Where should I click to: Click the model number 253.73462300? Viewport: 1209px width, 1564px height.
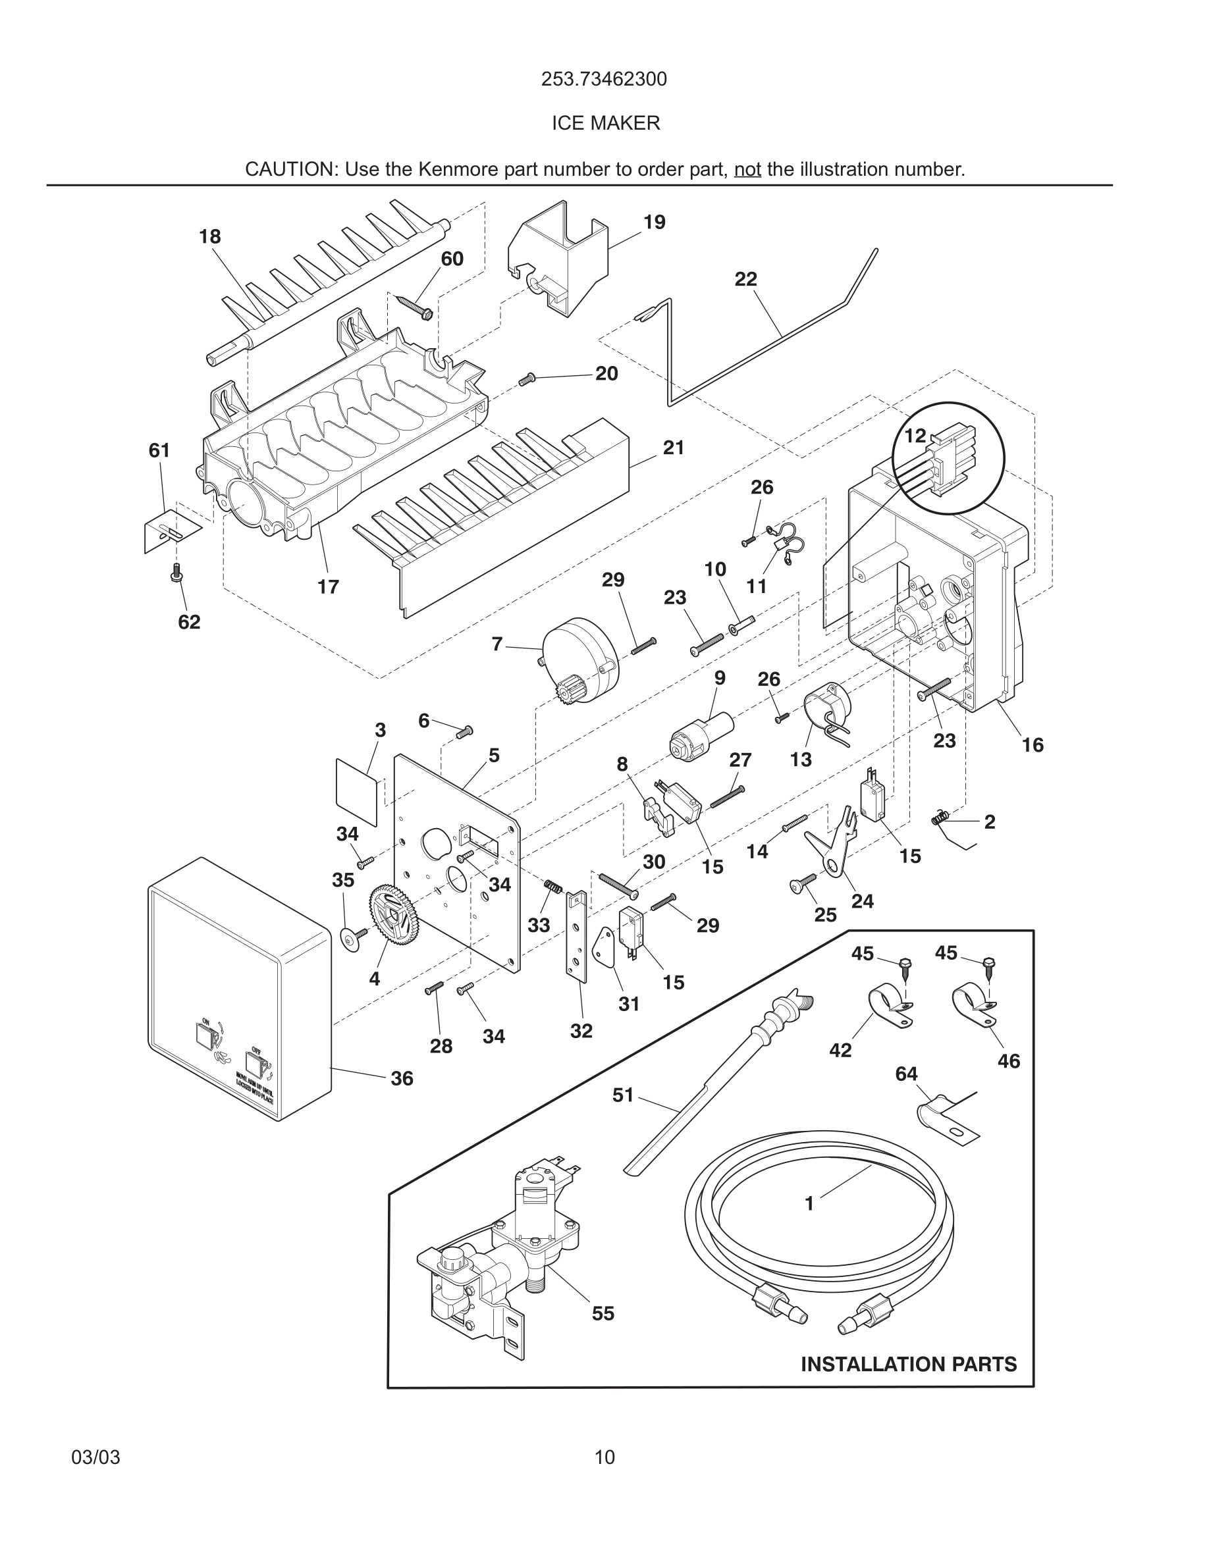pos(604,79)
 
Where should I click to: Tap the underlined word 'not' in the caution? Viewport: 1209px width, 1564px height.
pos(747,170)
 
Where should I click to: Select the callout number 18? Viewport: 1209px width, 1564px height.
pos(210,236)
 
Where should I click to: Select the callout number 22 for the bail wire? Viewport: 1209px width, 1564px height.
pos(745,278)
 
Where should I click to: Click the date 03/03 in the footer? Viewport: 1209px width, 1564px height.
pos(95,1457)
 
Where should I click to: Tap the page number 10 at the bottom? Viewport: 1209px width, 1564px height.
pos(604,1457)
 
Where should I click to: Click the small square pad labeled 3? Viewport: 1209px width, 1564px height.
pos(357,791)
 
